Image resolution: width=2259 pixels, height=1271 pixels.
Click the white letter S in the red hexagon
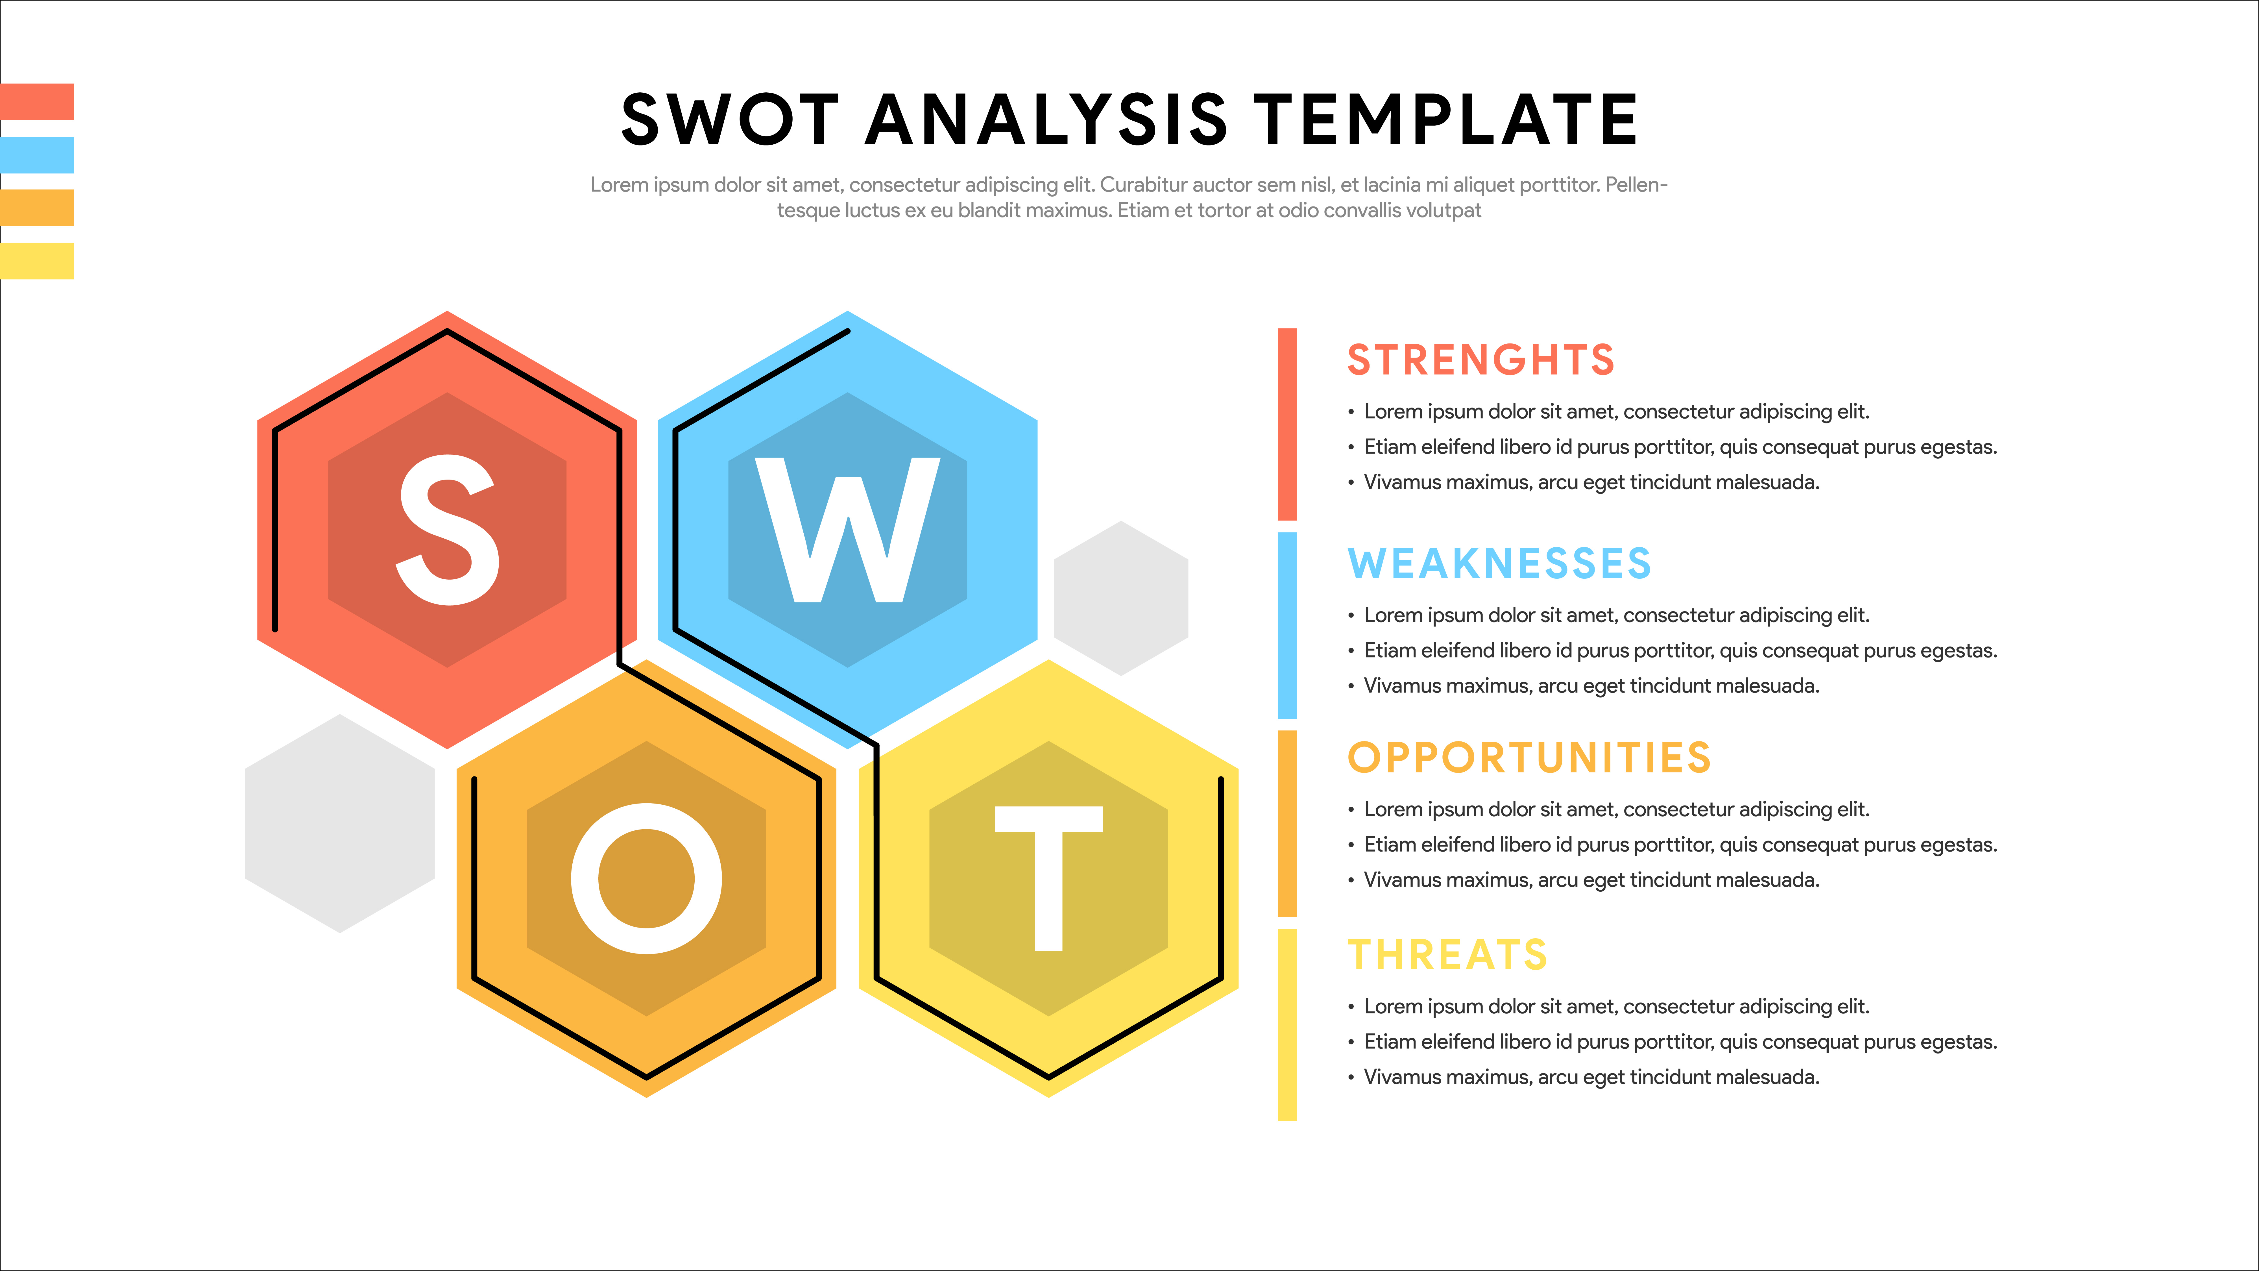point(448,530)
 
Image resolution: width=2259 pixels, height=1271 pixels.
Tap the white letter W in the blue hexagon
point(847,530)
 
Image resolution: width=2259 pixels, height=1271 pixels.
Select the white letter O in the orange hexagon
point(646,878)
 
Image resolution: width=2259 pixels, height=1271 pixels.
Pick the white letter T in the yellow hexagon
point(1048,878)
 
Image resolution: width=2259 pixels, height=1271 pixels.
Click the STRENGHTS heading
point(1480,360)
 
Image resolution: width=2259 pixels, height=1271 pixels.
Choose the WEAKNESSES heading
point(1499,563)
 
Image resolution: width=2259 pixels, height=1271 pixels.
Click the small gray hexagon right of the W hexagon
point(1121,598)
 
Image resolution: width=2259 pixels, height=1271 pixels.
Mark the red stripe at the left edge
point(37,102)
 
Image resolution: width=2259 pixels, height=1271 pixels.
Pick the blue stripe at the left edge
point(37,155)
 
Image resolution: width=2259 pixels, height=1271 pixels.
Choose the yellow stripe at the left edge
point(37,261)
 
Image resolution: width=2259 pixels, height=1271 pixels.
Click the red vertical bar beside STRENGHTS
point(1287,425)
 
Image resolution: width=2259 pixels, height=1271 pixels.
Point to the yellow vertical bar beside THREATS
point(1287,1024)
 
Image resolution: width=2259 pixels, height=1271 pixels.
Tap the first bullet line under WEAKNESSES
point(1609,616)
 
